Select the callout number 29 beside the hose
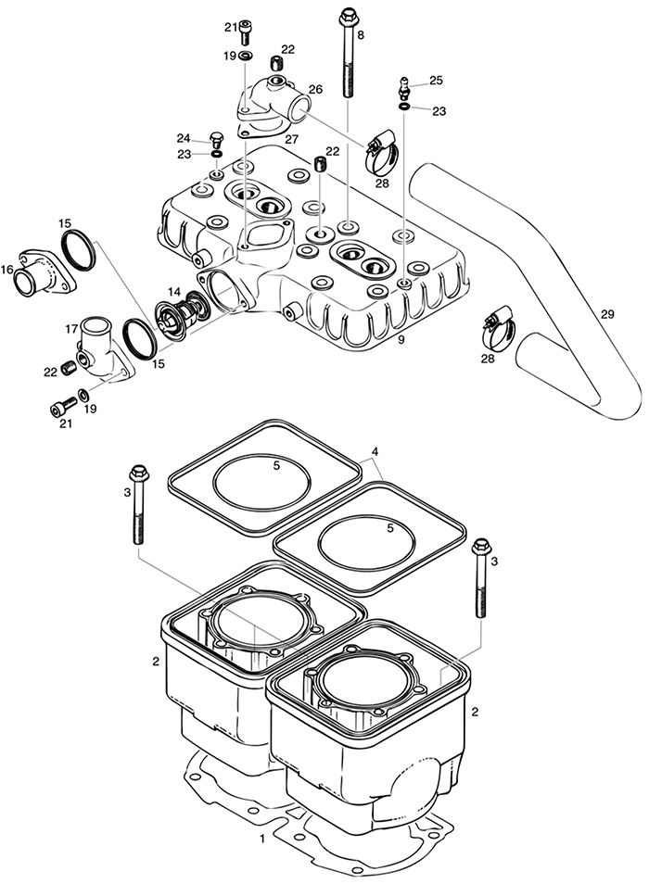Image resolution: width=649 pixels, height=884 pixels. pos(607,315)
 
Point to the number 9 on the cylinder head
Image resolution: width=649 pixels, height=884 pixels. pos(401,341)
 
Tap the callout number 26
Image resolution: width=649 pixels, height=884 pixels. pos(315,90)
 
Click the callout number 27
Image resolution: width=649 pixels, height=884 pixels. pos(291,139)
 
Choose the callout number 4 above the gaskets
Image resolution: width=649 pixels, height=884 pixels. pos(375,452)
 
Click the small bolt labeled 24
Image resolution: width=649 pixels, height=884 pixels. pos(217,141)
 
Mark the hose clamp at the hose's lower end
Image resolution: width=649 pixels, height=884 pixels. pos(500,325)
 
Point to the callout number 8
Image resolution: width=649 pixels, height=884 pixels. pos(361,34)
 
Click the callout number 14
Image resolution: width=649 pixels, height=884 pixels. pos(172,291)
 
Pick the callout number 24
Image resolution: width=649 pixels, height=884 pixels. pos(184,139)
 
